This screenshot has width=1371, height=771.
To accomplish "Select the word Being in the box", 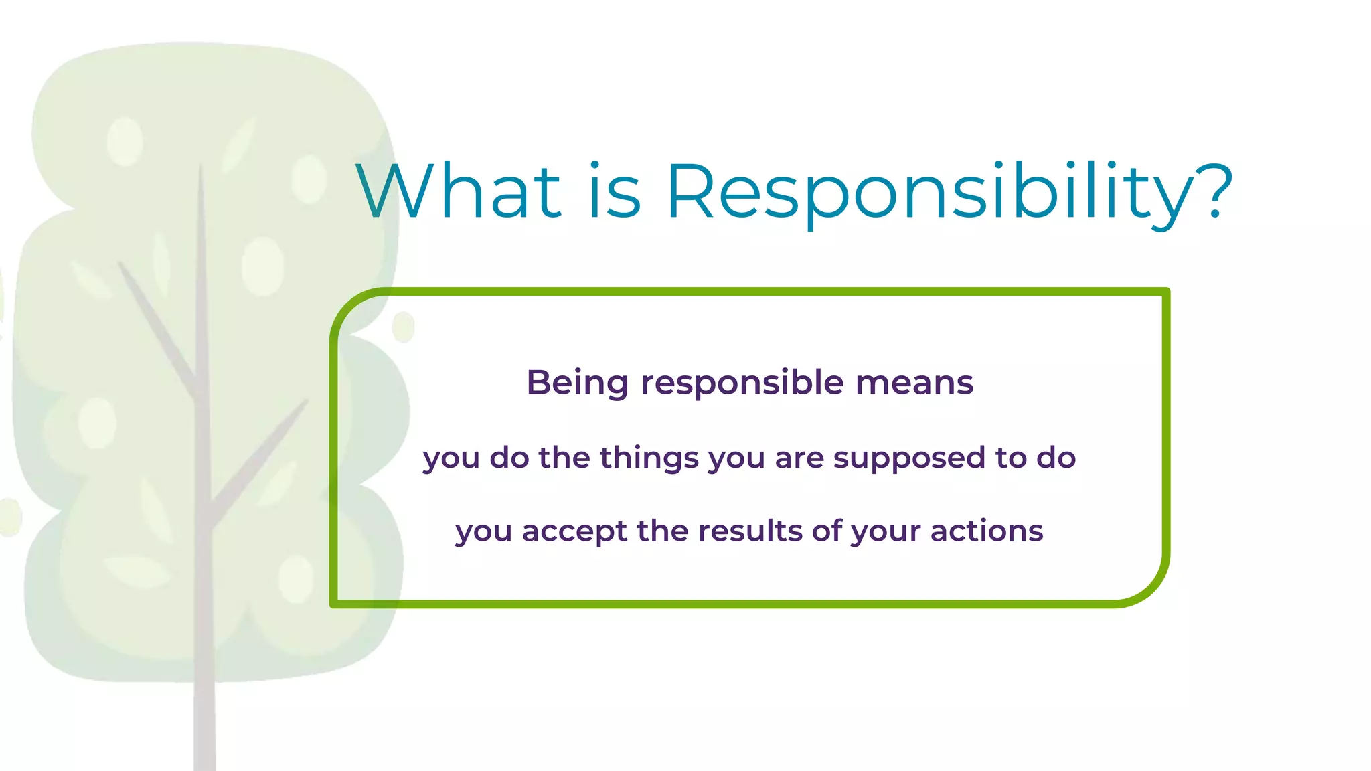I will coord(577,383).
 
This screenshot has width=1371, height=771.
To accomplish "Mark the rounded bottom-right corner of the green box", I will coord(1149,586).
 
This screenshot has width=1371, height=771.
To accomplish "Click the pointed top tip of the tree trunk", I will coord(200,167).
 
